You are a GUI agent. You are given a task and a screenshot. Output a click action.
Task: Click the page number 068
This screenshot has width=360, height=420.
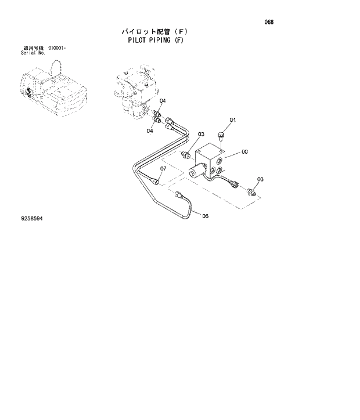pos(268,23)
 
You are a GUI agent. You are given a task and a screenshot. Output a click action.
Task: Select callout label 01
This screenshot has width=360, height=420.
pos(233,120)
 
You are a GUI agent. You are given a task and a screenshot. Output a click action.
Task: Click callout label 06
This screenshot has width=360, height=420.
pos(205,216)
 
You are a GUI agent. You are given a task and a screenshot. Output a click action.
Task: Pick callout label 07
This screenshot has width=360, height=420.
pos(163,169)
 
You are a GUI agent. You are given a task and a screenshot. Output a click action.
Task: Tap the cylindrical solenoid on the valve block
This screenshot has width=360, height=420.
pos(196,171)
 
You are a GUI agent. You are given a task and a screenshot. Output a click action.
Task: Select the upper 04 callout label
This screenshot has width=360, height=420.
pos(163,101)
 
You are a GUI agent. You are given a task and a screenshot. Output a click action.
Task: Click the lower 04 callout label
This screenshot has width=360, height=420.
pos(150,131)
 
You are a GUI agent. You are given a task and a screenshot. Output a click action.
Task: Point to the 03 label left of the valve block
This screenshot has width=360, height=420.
pos(201,135)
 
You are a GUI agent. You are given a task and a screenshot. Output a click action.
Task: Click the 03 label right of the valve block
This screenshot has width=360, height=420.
pos(260,179)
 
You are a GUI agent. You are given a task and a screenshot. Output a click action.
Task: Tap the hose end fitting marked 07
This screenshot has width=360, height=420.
pos(156,181)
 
